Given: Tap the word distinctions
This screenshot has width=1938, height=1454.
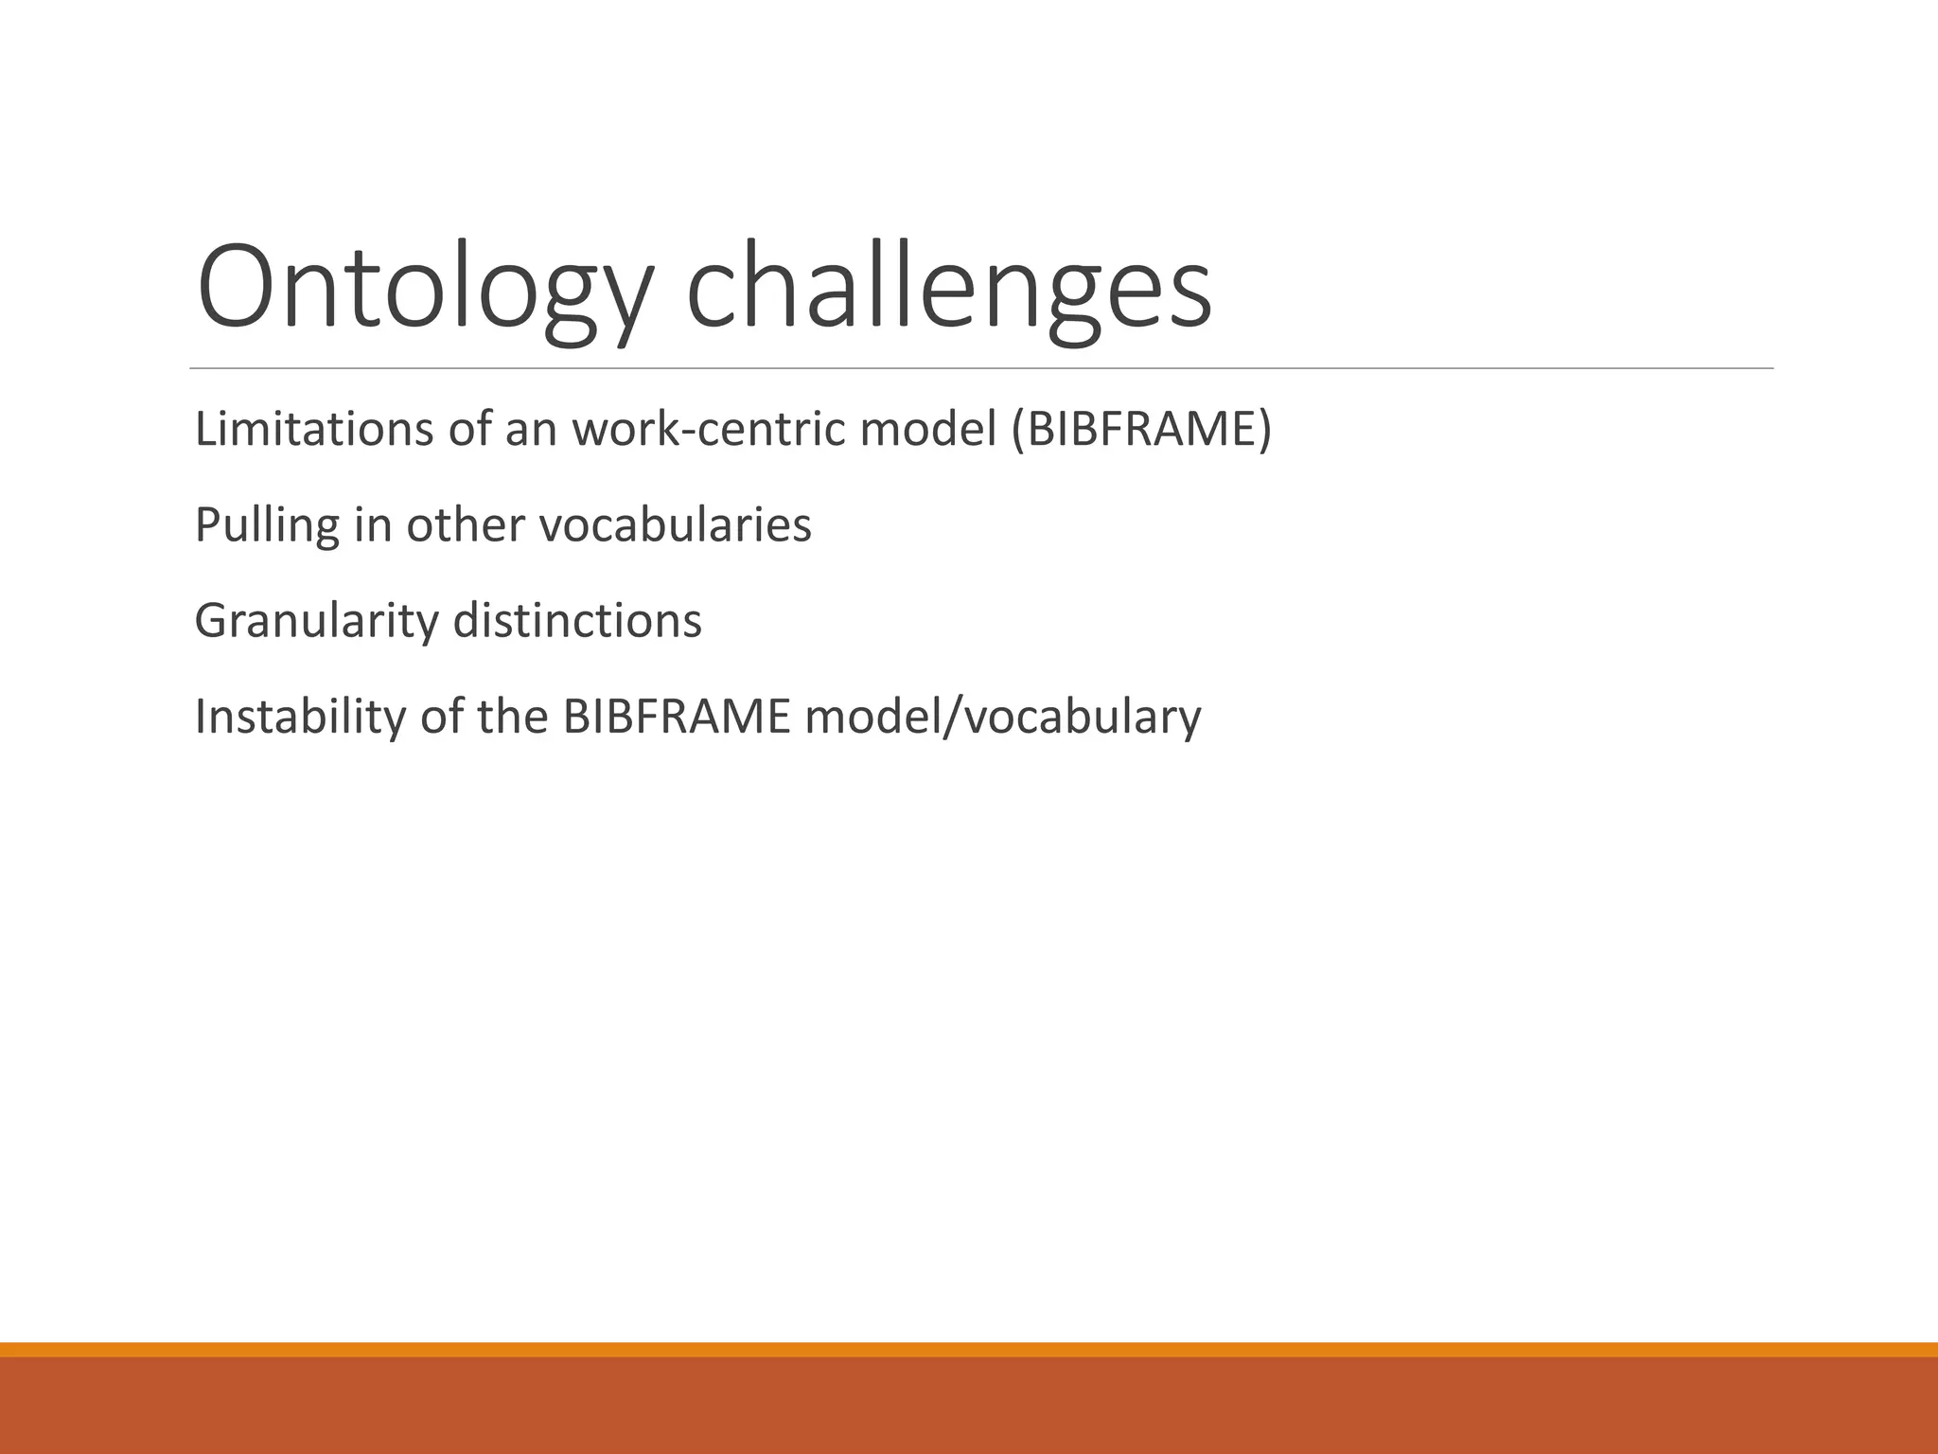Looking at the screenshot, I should (x=577, y=621).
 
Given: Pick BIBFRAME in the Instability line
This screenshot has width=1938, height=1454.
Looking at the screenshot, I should (x=676, y=717).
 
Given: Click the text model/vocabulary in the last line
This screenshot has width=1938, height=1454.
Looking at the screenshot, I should (x=1002, y=717).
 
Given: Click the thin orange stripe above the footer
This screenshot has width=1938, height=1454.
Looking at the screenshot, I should (x=969, y=1349).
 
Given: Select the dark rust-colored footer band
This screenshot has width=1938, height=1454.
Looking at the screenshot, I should (x=969, y=1406).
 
